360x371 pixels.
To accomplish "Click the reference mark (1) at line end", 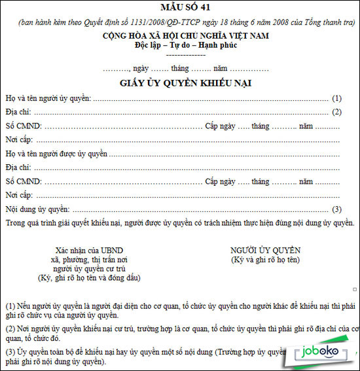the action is tap(337, 98).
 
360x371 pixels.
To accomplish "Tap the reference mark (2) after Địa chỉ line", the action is tap(337, 112).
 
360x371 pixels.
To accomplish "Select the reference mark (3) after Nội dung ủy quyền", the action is tap(337, 209).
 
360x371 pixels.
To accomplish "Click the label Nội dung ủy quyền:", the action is tap(37, 209).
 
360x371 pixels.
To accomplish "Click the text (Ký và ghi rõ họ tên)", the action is tap(265, 260).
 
